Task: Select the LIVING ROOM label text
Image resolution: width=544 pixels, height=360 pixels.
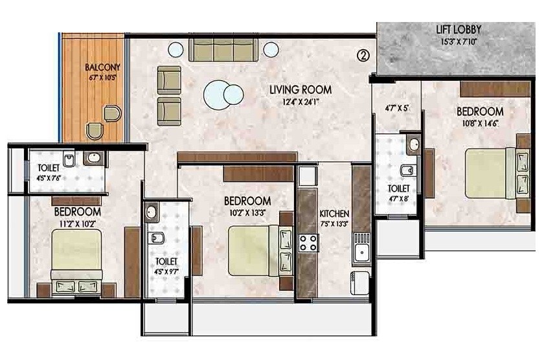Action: coord(300,89)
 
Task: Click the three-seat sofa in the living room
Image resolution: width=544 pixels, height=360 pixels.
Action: coord(221,50)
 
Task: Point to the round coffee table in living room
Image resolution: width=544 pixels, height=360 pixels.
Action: coord(218,96)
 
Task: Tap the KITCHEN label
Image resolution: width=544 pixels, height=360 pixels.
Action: coord(334,214)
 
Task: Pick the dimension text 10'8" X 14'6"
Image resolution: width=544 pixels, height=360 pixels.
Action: coord(480,124)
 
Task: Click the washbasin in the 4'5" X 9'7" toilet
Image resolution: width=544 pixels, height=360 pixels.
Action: coord(152,212)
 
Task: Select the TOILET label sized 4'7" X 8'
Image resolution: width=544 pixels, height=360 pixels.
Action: coord(399,188)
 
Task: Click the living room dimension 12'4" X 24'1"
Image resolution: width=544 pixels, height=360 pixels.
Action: coord(300,101)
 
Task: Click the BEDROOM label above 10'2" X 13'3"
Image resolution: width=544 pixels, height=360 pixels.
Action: coord(247,201)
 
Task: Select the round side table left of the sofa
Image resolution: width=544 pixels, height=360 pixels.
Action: coord(175,49)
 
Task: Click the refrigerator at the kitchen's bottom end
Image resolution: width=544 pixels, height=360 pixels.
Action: coord(360,279)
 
